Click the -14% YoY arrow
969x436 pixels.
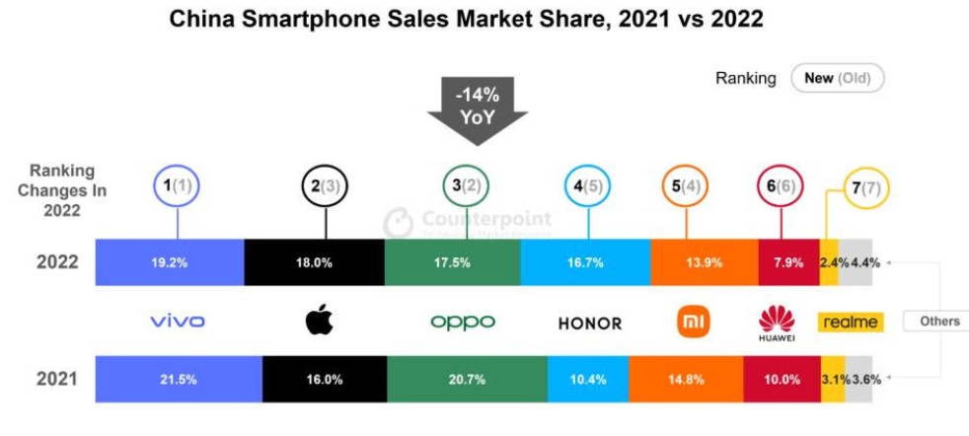[x=478, y=108]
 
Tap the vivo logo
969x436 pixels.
[x=178, y=322]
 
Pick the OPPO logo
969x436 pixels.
[x=462, y=322]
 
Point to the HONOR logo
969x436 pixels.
[x=590, y=323]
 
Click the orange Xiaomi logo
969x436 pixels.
[x=690, y=321]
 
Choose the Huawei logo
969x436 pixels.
[x=777, y=322]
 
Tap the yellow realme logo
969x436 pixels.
[x=849, y=322]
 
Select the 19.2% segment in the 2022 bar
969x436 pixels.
[x=169, y=263]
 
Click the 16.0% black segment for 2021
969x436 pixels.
[x=325, y=379]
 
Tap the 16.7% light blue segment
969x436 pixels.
[x=585, y=263]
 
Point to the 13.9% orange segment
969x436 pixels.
[x=705, y=263]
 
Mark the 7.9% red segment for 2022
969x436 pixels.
[x=788, y=263]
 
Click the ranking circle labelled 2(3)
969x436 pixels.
[x=325, y=184]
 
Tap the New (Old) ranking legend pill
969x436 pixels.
[x=837, y=78]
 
